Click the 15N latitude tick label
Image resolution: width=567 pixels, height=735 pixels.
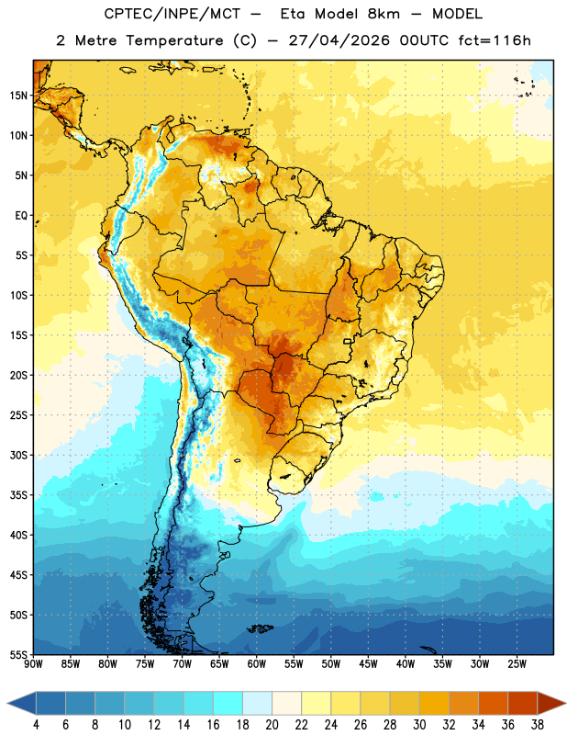click(18, 96)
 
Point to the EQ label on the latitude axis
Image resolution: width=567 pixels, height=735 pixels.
click(21, 216)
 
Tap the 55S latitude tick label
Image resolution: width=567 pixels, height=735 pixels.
click(18, 655)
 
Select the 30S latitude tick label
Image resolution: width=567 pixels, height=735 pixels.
click(18, 455)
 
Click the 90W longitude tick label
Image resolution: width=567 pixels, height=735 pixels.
click(33, 664)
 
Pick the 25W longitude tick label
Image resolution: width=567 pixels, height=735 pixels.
click(517, 664)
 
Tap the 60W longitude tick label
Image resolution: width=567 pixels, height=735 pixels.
click(257, 664)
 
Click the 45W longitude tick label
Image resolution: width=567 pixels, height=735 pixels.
click(368, 664)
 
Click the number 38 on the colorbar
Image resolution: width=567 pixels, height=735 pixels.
click(537, 725)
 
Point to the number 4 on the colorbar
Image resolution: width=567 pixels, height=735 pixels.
click(36, 725)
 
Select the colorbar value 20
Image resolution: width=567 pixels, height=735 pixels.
click(272, 725)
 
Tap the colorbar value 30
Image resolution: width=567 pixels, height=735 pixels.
click(419, 725)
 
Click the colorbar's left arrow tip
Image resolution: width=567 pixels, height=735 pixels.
click(7, 703)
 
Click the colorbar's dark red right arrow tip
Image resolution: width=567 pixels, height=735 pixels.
click(565, 703)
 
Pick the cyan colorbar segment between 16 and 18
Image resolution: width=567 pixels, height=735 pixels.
click(228, 703)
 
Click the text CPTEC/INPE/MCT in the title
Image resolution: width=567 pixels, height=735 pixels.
click(172, 14)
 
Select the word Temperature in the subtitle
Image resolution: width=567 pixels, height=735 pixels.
click(174, 40)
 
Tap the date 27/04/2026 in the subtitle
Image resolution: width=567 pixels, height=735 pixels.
click(339, 40)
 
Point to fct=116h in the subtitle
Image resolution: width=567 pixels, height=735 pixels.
click(495, 40)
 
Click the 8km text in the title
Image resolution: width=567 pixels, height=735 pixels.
click(384, 14)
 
